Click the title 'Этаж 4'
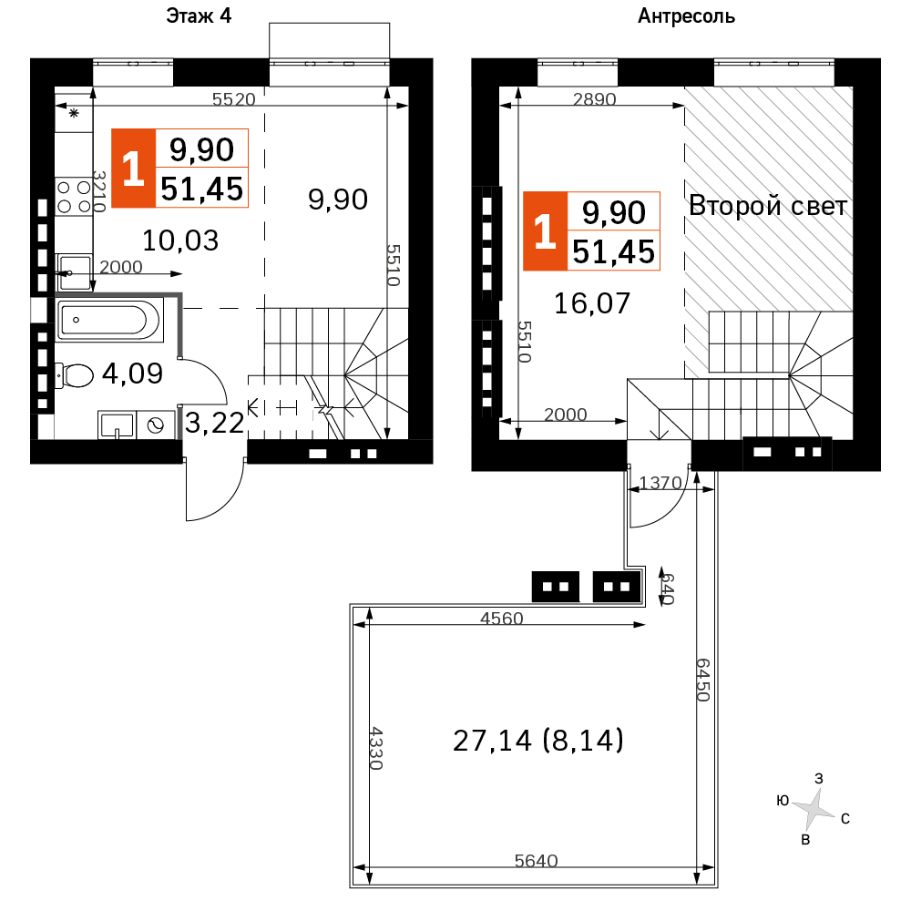[199, 15]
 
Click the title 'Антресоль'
[686, 16]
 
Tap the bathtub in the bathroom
[109, 320]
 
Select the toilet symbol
[75, 375]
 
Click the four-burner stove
[75, 197]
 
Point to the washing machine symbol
[156, 425]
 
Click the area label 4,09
[132, 373]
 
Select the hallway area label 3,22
[214, 423]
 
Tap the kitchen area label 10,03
[180, 241]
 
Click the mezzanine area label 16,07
[591, 303]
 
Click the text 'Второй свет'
[767, 206]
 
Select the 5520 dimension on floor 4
[233, 99]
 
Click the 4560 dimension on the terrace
[501, 619]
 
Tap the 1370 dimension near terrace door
[660, 483]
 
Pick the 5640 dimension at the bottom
[537, 861]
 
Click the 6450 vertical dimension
[703, 680]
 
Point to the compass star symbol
[813, 808]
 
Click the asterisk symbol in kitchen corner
[74, 113]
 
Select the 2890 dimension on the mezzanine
[594, 99]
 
